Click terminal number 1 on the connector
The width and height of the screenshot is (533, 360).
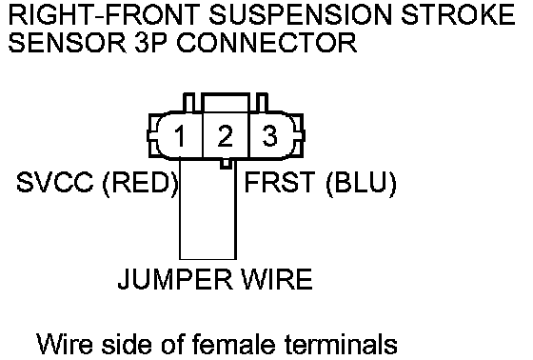pos(179,136)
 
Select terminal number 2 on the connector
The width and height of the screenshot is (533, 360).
pos(225,136)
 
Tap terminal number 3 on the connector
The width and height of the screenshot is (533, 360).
pos(269,136)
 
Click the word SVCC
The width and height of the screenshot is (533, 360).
pos(55,182)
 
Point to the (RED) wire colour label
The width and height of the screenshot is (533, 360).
pos(141,183)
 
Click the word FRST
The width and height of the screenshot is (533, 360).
pos(280,182)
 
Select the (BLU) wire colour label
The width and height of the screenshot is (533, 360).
pos(361,183)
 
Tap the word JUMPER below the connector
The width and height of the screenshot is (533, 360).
pos(175,279)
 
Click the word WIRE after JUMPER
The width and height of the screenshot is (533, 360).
pos(276,279)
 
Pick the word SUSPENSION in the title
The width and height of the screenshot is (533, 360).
pos(300,15)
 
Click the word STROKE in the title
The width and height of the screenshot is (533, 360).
pos(458,15)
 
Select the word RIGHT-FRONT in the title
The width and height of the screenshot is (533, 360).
pos(104,15)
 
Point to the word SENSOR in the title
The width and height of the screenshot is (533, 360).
pos(67,43)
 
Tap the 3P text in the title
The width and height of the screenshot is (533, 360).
pos(150,43)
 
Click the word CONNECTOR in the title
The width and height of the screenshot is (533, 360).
pos(266,43)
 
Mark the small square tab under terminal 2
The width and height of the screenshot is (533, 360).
pos(226,164)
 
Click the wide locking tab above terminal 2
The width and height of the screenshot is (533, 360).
pos(227,102)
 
